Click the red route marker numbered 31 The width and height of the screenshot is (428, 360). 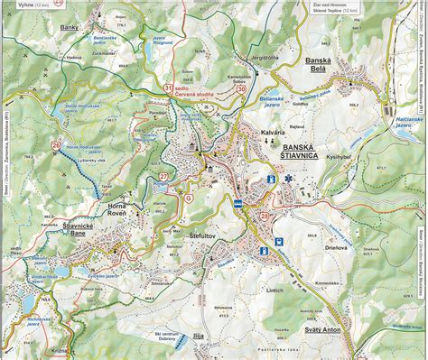click(x=169, y=88)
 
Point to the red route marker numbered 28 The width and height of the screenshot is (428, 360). click(x=264, y=215)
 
